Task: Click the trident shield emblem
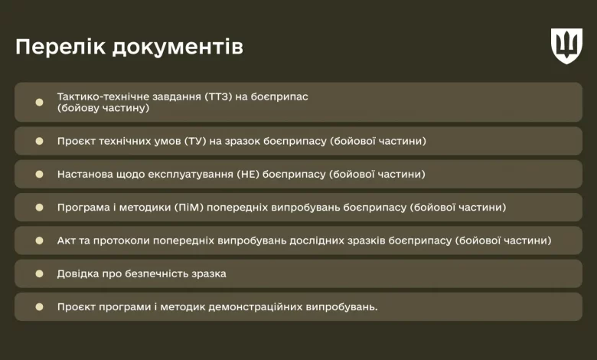pyautogui.click(x=566, y=46)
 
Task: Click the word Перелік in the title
pyautogui.click(x=60, y=47)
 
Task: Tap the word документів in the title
pyautogui.click(x=178, y=47)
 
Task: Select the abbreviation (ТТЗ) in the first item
pyautogui.click(x=219, y=97)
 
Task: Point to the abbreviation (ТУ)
pyautogui.click(x=195, y=142)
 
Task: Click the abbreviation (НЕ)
pyautogui.click(x=248, y=175)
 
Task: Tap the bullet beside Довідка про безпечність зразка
pyautogui.click(x=39, y=273)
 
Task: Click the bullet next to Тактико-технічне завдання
pyautogui.click(x=39, y=102)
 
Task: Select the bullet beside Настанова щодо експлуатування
pyautogui.click(x=39, y=174)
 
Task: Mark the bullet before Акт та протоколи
pyautogui.click(x=39, y=241)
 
